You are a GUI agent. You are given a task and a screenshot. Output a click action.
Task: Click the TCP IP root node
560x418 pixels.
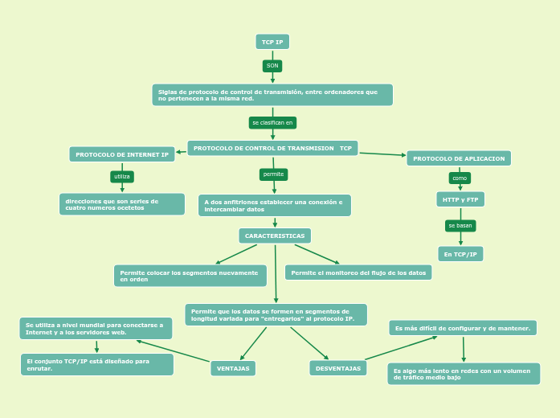272,42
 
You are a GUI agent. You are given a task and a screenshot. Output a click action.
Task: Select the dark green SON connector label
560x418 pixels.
272,66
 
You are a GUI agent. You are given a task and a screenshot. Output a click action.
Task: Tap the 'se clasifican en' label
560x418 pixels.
272,123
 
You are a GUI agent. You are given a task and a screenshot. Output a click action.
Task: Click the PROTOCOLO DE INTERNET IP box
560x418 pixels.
122,154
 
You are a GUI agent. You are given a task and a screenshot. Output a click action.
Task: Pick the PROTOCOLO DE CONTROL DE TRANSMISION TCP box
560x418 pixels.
272,149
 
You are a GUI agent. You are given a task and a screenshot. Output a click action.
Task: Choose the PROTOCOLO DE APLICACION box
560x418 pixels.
459,158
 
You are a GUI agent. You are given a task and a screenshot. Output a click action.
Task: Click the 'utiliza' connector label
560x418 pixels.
122,176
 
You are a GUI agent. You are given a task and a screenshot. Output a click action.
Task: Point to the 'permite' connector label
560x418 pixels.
273,174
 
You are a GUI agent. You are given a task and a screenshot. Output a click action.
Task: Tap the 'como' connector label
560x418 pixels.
460,178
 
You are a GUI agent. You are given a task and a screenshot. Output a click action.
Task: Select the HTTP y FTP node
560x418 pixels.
460,199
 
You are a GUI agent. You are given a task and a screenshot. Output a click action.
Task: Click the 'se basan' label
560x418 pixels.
460,226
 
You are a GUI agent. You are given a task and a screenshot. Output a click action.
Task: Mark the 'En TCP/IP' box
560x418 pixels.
460,254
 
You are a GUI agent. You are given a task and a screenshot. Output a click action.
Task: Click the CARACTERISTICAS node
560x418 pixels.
275,236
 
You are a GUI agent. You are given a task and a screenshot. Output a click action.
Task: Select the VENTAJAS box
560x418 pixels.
233,368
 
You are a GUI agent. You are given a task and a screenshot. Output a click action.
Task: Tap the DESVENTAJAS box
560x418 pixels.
337,368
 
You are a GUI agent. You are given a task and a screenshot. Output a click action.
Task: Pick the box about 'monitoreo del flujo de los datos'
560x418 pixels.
358,273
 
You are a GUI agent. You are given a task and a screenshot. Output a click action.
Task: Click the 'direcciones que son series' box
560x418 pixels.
122,204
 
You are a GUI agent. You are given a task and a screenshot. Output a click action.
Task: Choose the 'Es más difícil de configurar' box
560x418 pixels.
463,328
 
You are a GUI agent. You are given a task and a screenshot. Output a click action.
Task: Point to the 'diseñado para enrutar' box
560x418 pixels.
97,364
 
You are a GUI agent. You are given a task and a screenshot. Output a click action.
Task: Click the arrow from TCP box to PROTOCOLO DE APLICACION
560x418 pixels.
382,154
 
